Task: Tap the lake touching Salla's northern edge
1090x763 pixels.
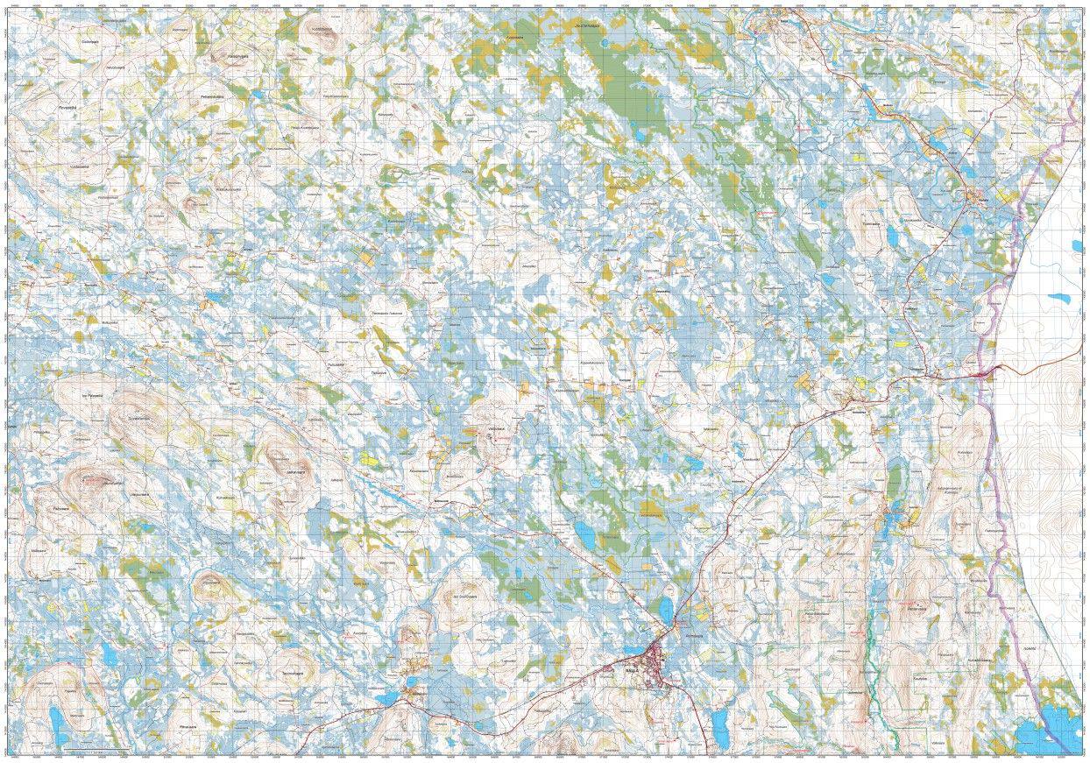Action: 666,608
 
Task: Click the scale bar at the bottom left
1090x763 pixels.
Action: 96,752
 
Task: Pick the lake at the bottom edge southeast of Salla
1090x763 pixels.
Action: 719,724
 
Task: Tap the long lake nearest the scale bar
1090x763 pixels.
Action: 58,723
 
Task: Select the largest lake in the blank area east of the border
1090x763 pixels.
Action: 1060,297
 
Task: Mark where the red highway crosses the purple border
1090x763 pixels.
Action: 987,374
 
